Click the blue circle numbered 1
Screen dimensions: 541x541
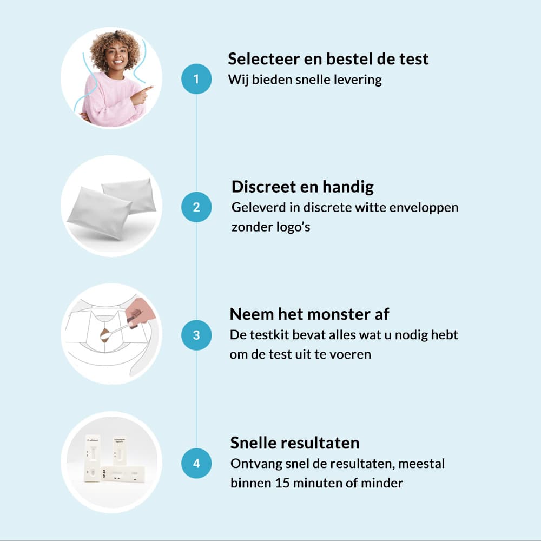[196, 79]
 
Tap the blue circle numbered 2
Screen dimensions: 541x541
[196, 207]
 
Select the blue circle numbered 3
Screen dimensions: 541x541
[196, 335]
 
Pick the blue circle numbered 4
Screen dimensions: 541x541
[196, 463]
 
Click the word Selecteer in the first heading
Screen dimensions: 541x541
[263, 59]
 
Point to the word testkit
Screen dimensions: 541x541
[269, 335]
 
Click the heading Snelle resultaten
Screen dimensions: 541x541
[295, 443]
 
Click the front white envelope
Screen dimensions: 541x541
[100, 213]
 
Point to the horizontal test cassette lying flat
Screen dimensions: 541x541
[123, 474]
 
